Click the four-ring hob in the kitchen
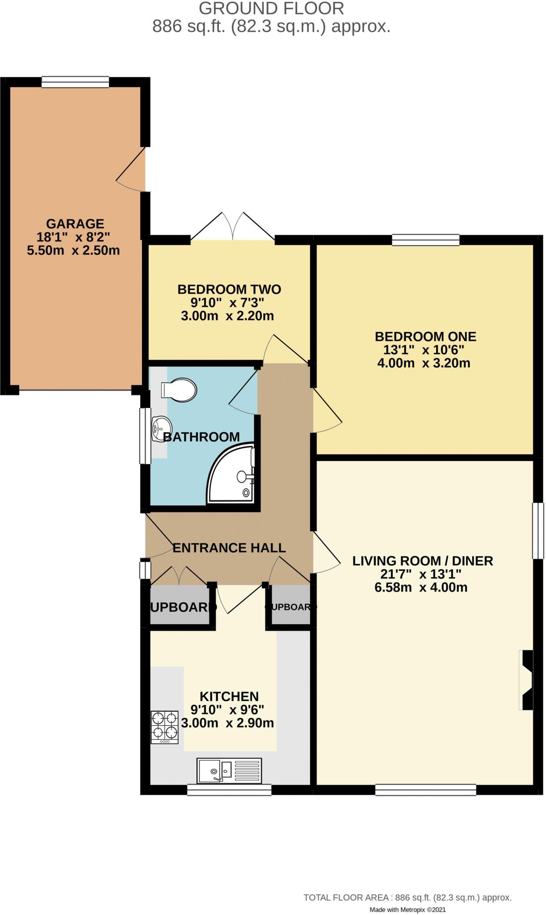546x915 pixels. [164, 726]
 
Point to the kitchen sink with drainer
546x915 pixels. [229, 770]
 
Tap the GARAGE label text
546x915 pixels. [75, 223]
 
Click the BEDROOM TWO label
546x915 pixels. [229, 289]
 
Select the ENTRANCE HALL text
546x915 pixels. [229, 548]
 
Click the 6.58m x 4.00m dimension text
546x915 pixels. [421, 587]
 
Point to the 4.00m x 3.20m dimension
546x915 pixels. [424, 363]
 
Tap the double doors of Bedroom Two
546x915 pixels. [232, 227]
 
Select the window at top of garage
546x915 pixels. [75, 82]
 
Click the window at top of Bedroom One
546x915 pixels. [425, 240]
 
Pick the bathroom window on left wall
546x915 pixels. [145, 436]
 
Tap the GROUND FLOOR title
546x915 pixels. [271, 8]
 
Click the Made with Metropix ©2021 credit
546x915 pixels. [407, 909]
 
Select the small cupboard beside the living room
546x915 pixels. [291, 607]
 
